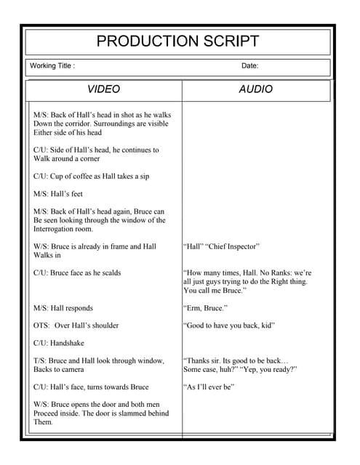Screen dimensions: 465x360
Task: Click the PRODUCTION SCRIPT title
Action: pyautogui.click(x=178, y=41)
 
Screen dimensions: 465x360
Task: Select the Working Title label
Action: pyautogui.click(x=52, y=66)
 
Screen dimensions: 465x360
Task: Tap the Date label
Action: pyautogui.click(x=249, y=66)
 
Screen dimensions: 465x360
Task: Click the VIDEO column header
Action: pyautogui.click(x=103, y=89)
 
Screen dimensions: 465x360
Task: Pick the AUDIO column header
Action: pyautogui.click(x=256, y=89)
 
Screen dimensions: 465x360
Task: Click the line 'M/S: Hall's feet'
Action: pyautogui.click(x=58, y=194)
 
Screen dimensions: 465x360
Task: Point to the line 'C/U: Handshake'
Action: pyautogui.click(x=62, y=343)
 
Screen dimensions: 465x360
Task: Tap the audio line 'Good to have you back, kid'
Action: pyautogui.click(x=229, y=325)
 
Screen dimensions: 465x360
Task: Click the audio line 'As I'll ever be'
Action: pyautogui.click(x=209, y=387)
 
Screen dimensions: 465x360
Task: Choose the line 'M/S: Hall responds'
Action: pyautogui.click(x=63, y=308)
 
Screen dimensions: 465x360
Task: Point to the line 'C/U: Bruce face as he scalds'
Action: pyautogui.click(x=77, y=273)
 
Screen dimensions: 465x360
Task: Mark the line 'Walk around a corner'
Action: pyautogui.click(x=67, y=158)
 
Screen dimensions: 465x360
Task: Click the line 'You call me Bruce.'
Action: pyautogui.click(x=215, y=291)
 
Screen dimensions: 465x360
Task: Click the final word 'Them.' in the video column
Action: pyautogui.click(x=44, y=422)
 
